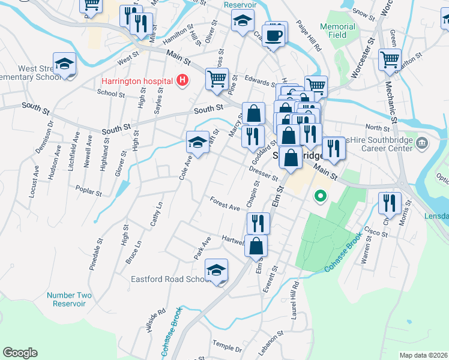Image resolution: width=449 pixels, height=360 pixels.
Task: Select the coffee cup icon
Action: point(273,37)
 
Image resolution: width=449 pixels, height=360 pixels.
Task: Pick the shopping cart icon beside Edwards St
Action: point(217,78)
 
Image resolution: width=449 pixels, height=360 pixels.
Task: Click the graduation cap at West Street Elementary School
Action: point(64,64)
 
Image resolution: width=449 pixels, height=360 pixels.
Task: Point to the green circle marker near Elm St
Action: point(321,196)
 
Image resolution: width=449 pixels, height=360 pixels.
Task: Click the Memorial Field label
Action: point(337,31)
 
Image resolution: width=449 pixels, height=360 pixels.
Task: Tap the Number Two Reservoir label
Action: point(69,299)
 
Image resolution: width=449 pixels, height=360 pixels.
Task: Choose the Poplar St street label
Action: point(88,189)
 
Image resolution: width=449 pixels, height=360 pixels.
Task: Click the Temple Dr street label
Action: point(226,347)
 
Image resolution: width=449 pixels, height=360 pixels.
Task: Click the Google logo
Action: point(20,353)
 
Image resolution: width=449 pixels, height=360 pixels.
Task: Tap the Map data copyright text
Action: point(423,355)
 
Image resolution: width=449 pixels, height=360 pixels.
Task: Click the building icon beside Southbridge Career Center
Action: point(422,143)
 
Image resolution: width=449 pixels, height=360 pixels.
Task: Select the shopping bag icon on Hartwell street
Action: point(256,245)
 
